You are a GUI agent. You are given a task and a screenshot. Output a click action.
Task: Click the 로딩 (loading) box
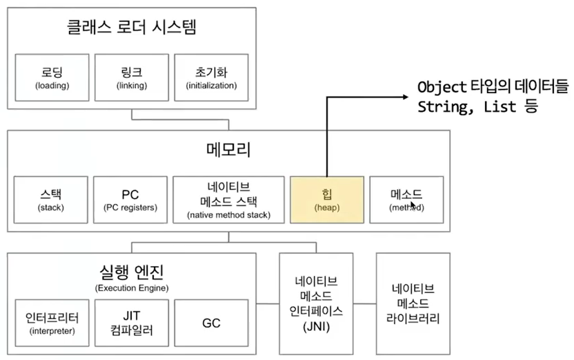pyautogui.click(x=52, y=77)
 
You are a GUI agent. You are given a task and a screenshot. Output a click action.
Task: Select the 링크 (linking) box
pyautogui.click(x=132, y=77)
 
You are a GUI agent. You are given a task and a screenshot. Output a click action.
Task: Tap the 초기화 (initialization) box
pyautogui.click(x=212, y=77)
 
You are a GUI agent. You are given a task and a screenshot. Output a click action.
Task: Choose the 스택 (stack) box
pyautogui.click(x=52, y=199)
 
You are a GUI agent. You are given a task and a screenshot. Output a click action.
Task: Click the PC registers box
pyautogui.click(x=130, y=199)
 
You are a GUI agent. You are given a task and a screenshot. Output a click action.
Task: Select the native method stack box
pyautogui.click(x=228, y=199)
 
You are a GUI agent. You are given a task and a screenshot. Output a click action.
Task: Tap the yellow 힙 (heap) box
pyautogui.click(x=326, y=199)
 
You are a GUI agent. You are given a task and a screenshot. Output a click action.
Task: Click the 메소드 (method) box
pyautogui.click(x=406, y=199)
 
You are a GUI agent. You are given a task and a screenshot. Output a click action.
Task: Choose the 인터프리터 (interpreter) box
pyautogui.click(x=52, y=323)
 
